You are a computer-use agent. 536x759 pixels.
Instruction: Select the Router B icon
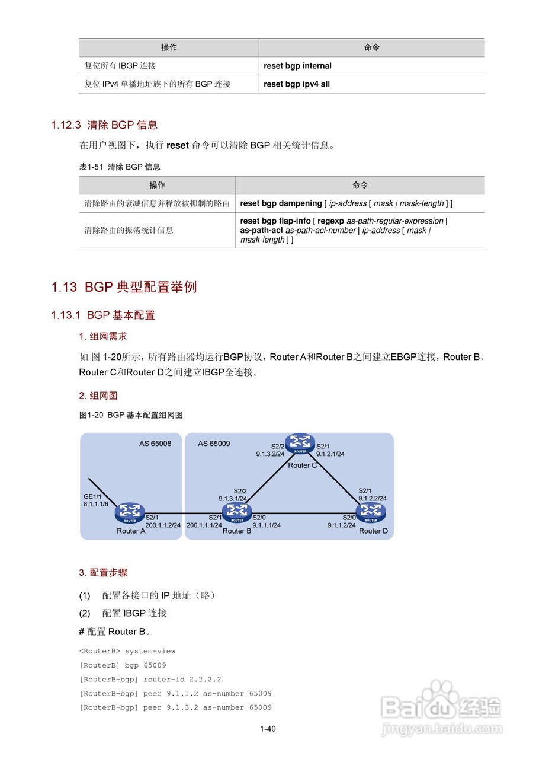(x=237, y=512)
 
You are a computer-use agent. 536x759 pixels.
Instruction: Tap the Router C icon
(x=300, y=444)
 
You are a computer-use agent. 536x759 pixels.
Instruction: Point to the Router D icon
(x=371, y=512)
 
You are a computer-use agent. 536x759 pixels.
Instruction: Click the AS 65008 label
(x=155, y=444)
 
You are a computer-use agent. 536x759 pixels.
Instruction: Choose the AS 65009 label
(x=214, y=444)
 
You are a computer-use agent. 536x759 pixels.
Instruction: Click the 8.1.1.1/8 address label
(x=96, y=503)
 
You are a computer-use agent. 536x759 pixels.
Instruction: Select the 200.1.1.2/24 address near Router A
(x=162, y=525)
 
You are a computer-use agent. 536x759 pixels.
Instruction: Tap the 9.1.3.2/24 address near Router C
(x=271, y=454)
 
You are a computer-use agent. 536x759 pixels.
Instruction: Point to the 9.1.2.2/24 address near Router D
(x=373, y=499)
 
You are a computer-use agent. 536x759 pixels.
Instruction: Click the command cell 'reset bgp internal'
(x=297, y=66)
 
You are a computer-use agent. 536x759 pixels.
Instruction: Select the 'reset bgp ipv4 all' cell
(x=297, y=84)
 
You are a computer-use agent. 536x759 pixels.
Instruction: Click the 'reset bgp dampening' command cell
(x=346, y=203)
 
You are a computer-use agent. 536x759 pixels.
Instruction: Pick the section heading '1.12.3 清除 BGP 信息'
(x=104, y=125)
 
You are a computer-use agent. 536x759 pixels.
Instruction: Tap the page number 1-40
(x=268, y=729)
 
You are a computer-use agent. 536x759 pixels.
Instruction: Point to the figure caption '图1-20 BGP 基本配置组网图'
(x=131, y=415)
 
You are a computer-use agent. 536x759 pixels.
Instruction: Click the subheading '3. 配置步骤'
(x=103, y=573)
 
